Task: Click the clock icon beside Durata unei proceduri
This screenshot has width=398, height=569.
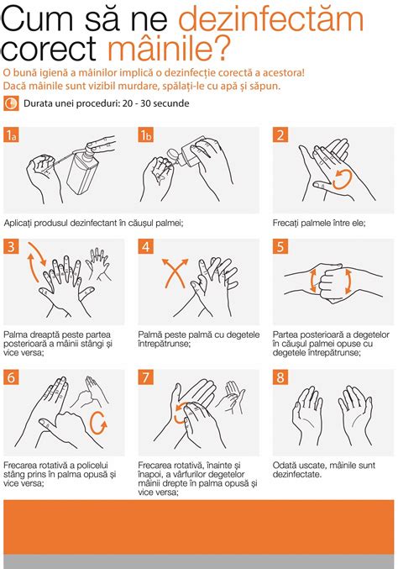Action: pos(11,104)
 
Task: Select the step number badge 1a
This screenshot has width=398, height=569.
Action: pos(11,135)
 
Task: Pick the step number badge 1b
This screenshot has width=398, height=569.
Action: pos(146,135)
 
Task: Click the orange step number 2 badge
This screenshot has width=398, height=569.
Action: pos(280,135)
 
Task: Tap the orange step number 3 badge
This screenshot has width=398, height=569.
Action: pos(11,246)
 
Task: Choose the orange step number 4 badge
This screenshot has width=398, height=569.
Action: pos(146,246)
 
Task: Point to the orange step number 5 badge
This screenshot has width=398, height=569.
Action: pos(280,246)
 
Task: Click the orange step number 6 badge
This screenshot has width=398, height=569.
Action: pos(11,377)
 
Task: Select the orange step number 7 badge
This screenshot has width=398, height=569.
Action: pos(146,377)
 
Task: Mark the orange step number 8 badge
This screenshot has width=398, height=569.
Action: pos(280,377)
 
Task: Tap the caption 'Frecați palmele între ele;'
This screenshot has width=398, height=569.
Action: pos(315,223)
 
